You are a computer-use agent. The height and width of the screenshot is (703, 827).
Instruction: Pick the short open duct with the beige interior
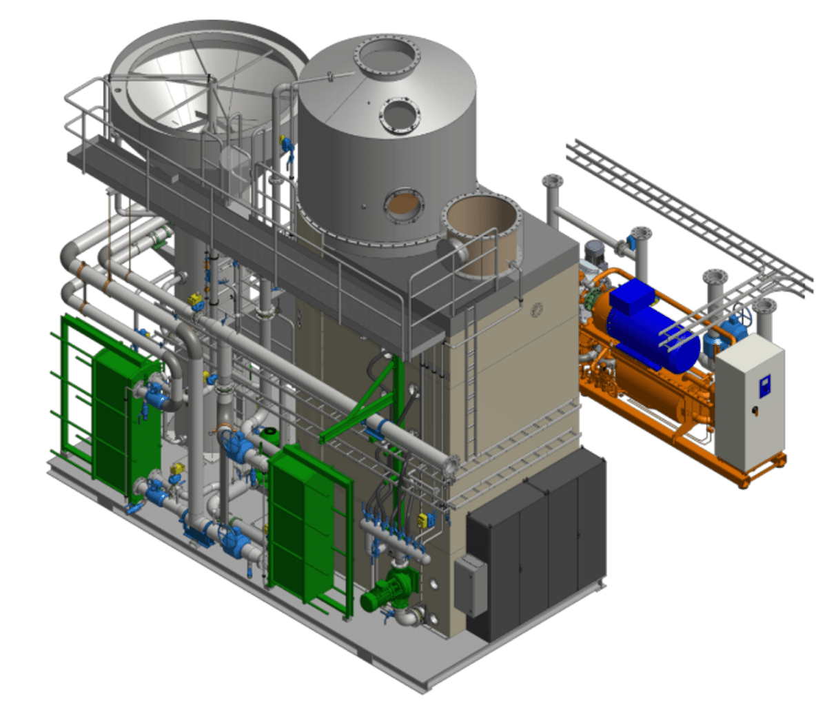(481, 234)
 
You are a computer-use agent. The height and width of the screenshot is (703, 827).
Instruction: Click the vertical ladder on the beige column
(471, 386)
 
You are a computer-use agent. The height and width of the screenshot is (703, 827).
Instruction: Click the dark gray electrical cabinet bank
(538, 544)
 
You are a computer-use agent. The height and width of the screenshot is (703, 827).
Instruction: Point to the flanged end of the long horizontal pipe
(452, 467)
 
